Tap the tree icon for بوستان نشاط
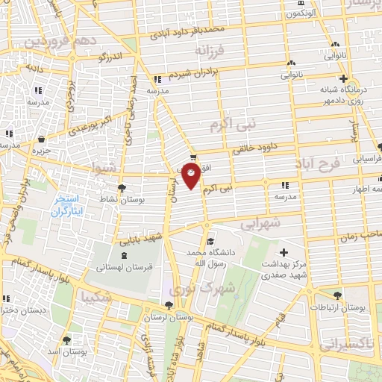pos(122,189)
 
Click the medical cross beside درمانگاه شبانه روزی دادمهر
pos(342,78)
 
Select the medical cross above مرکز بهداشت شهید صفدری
pos(283,251)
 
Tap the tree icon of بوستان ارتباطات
pos(339,296)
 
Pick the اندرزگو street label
pos(112,56)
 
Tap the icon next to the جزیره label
pos(40,139)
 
